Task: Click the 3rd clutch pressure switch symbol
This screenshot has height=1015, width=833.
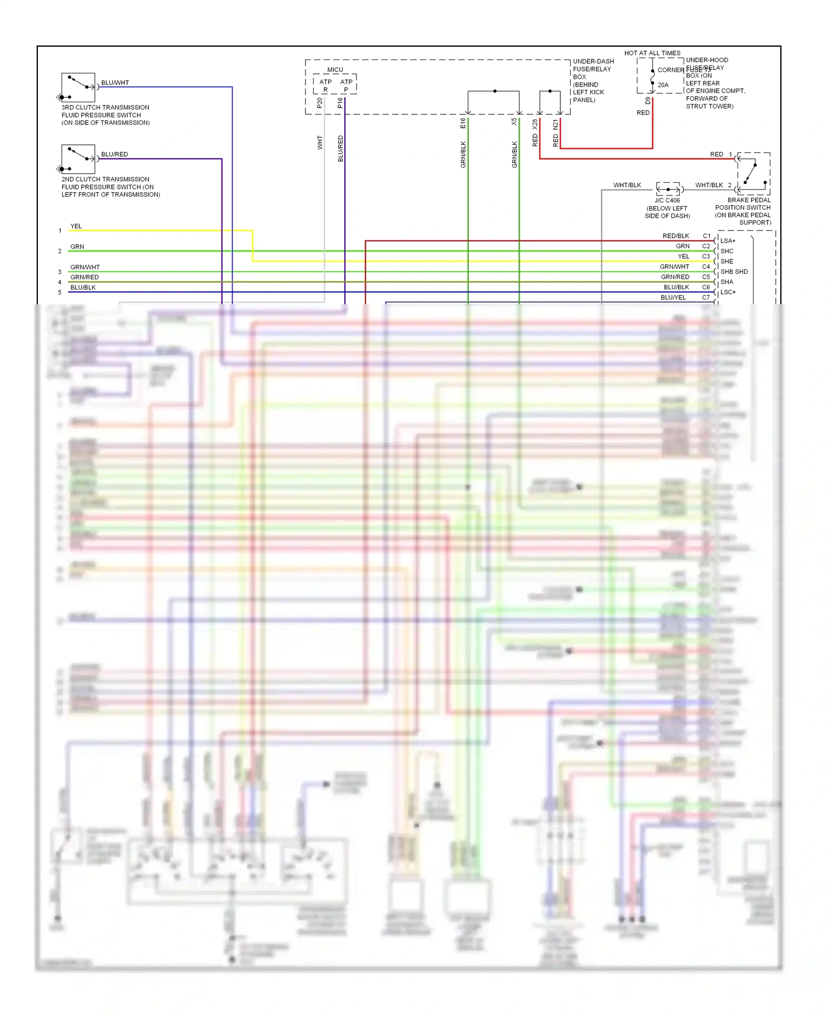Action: coord(78,87)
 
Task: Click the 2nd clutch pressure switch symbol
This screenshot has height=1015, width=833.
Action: coord(78,159)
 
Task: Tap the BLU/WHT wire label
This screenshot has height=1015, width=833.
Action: coord(115,83)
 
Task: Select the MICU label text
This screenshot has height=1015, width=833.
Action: coord(335,70)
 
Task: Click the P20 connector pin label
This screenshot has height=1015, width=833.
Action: coord(319,103)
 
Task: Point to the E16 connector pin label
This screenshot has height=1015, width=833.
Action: coord(463,123)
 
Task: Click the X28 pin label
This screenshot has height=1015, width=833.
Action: coord(535,124)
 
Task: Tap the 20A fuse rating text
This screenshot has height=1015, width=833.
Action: coord(663,85)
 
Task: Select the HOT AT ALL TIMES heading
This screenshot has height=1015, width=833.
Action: coord(652,53)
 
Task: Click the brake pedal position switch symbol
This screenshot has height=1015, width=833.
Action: coord(754,173)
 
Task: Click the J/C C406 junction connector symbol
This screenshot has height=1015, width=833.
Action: coord(669,189)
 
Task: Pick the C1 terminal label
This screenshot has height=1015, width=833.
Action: coord(706,236)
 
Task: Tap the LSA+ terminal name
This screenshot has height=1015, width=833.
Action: coord(727,241)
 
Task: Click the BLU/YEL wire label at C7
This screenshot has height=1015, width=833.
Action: coord(673,298)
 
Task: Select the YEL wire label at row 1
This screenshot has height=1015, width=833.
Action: coord(76,226)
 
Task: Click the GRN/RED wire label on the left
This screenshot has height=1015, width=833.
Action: coord(84,277)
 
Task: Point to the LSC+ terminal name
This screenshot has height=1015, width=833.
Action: coord(727,292)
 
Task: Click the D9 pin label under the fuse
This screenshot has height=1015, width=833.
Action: coord(648,101)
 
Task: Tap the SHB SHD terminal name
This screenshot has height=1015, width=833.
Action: coord(734,272)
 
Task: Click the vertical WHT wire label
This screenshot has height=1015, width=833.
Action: coord(320,143)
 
